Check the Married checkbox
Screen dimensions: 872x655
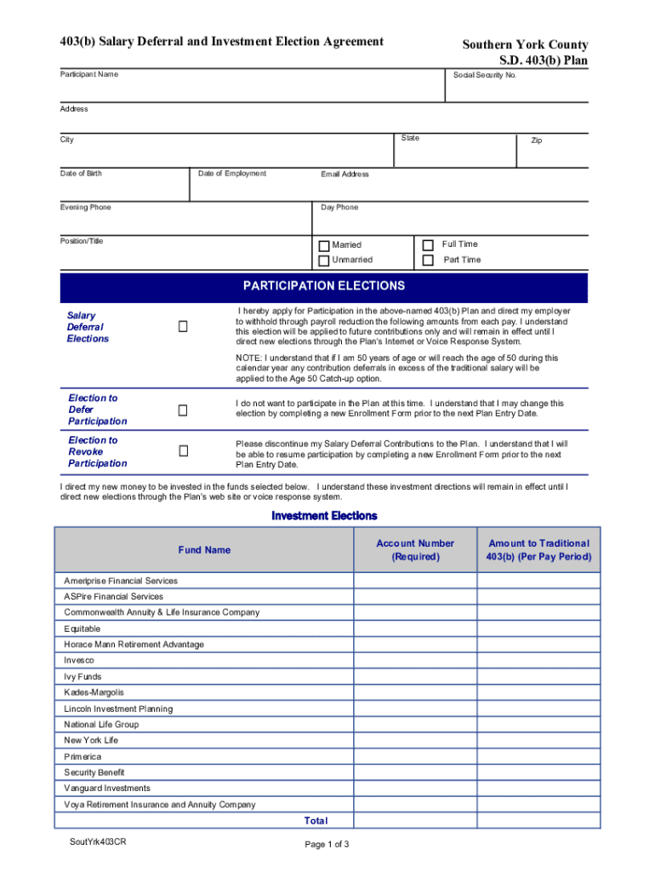[324, 246]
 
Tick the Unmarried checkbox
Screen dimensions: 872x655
[324, 261]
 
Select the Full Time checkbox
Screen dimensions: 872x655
[428, 245]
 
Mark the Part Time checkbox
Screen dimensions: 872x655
[428, 260]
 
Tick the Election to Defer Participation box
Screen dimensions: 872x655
[182, 410]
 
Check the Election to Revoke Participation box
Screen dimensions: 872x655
[182, 450]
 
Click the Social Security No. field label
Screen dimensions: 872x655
[485, 76]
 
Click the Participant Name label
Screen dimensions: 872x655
[89, 75]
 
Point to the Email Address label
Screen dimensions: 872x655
[345, 175]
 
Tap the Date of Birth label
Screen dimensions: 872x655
[81, 174]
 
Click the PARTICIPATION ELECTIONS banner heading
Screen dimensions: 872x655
[323, 287]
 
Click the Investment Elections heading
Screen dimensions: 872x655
[324, 516]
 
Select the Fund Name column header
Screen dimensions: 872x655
[204, 550]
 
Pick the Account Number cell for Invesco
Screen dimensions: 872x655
[415, 661]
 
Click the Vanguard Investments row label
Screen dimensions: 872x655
[107, 789]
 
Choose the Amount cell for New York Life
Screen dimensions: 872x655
[538, 741]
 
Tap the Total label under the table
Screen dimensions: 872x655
[316, 822]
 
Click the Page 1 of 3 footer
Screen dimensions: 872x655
[327, 845]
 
